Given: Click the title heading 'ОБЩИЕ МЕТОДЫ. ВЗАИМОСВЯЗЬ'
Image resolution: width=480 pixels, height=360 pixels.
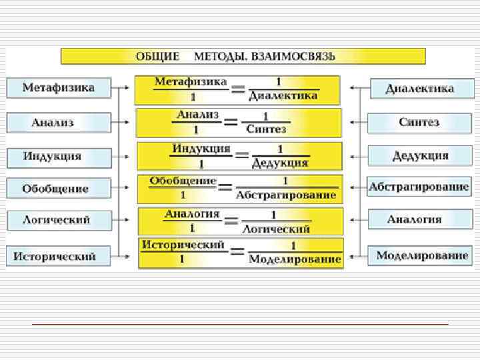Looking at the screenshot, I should pos(243,56).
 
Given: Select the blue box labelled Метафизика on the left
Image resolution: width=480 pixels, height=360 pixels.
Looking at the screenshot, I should pos(59,88).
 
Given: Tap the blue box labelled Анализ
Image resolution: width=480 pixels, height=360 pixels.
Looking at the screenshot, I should pos(59,123).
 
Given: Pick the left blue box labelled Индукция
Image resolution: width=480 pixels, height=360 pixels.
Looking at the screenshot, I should pos(59,157).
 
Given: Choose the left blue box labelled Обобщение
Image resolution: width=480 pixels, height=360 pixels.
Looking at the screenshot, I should pos(59,189).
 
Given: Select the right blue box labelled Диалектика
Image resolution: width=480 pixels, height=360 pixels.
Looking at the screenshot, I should pos(420,88).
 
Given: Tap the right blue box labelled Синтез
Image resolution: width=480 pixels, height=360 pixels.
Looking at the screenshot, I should pos(419,123).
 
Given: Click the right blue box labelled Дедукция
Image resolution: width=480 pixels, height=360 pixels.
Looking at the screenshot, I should pos(420,156).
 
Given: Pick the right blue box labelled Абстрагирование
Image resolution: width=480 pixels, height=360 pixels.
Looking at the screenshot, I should pos(419,187).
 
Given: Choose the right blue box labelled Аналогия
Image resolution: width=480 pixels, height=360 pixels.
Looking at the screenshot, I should pos(419,219).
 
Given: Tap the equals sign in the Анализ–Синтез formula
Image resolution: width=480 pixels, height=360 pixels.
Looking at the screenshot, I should pos(231,122).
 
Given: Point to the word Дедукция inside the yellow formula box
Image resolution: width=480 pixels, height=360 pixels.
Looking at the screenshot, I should pos(280,162).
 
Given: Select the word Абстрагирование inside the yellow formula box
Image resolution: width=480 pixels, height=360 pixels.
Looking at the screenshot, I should pos(286,195).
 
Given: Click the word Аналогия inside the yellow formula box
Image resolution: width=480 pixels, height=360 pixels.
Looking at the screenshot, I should pos(192,214).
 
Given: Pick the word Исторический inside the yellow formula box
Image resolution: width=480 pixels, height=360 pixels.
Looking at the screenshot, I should pos(183,245).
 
